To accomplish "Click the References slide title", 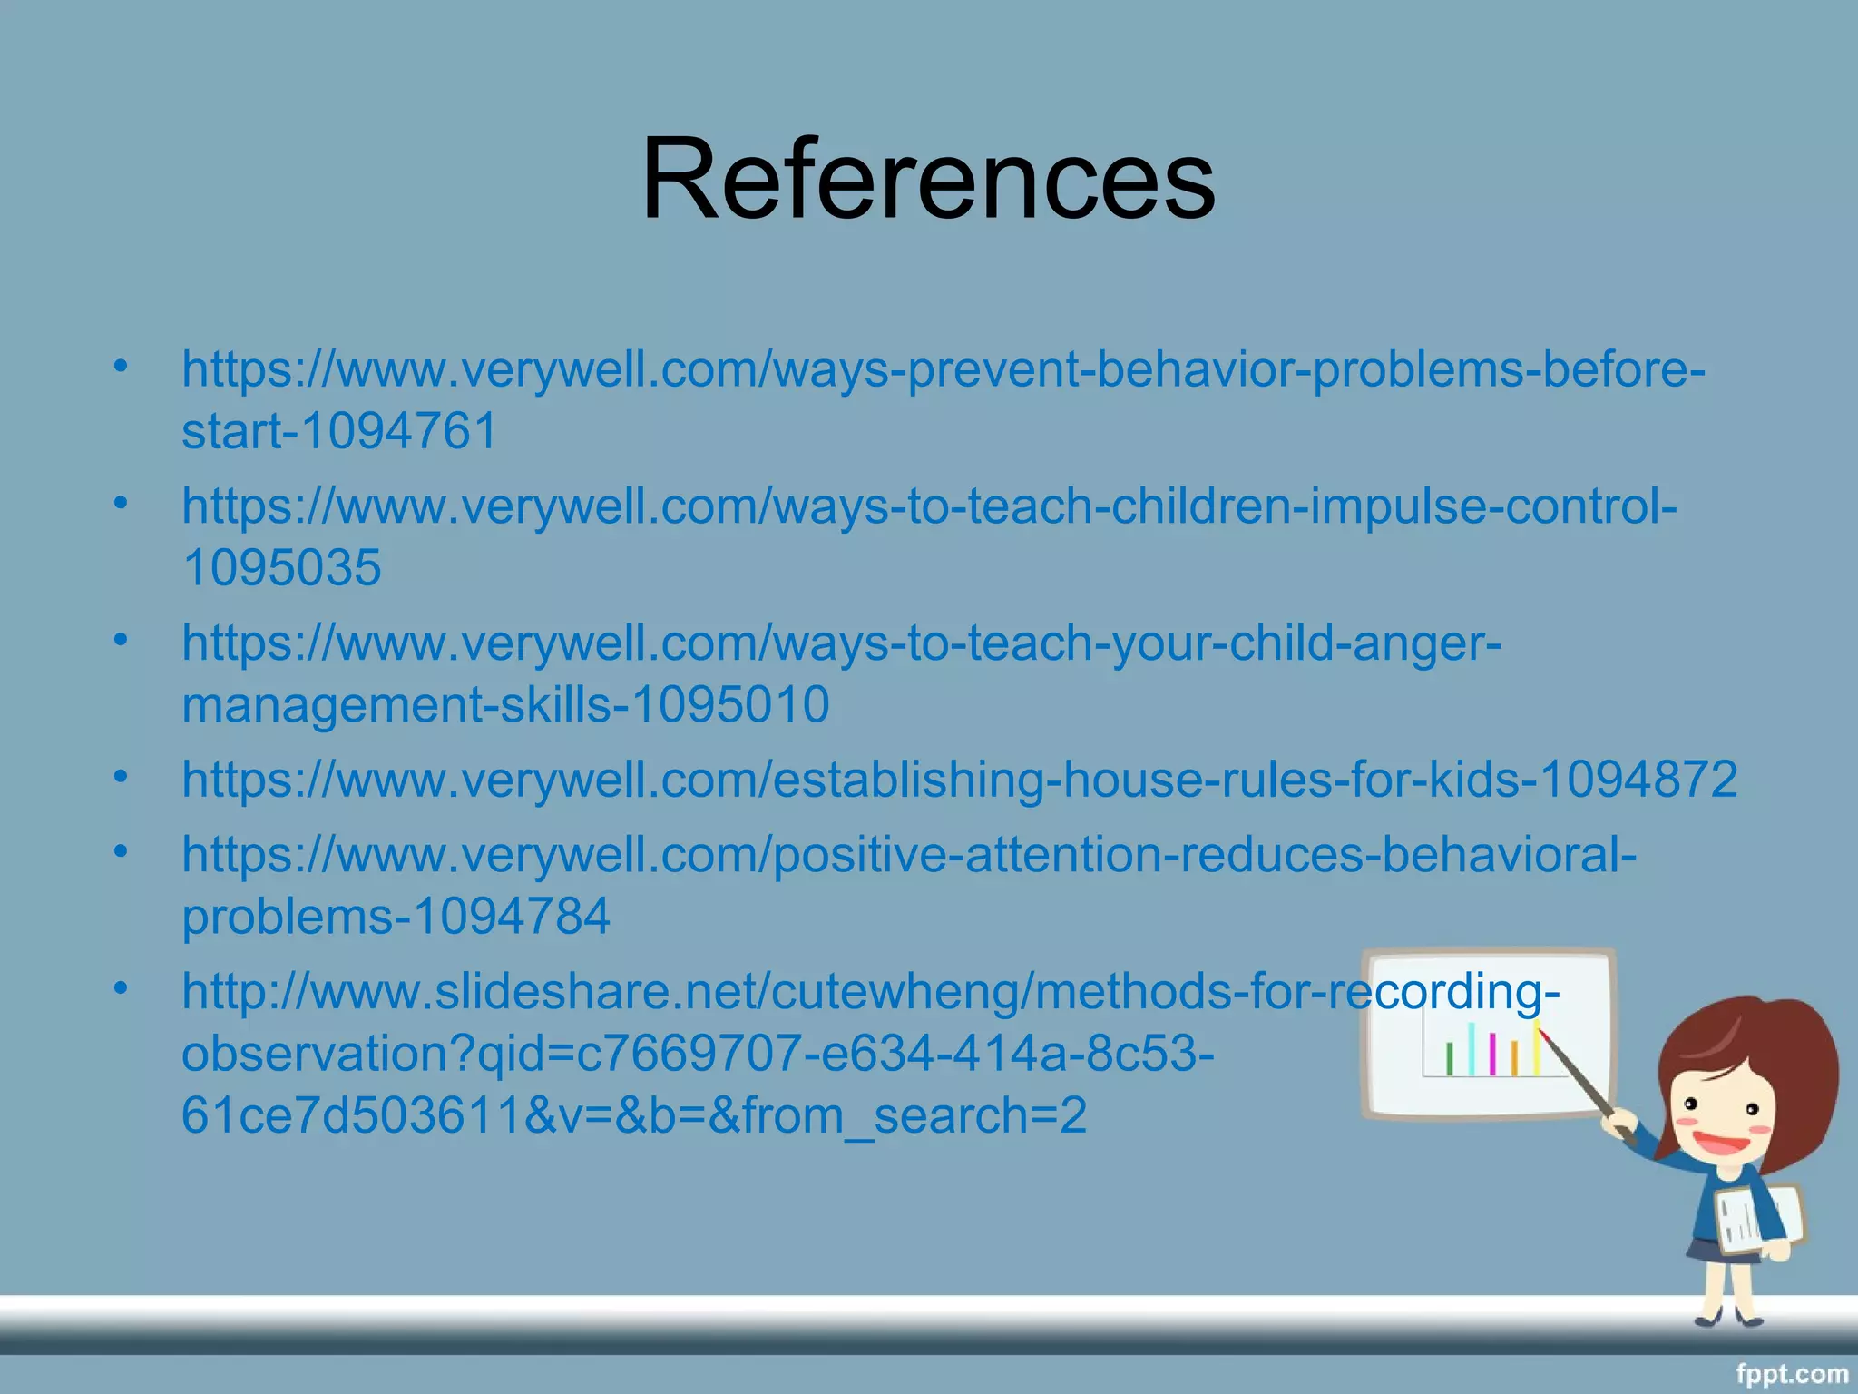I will pos(927,178).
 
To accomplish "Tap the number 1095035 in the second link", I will pos(281,568).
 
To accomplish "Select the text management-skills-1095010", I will pos(504,704).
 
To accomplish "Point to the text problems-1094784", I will pos(396,916).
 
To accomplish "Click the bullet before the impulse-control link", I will pos(122,502).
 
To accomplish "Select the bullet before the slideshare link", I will pos(122,987).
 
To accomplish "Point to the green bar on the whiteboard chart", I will pos(1449,1059).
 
